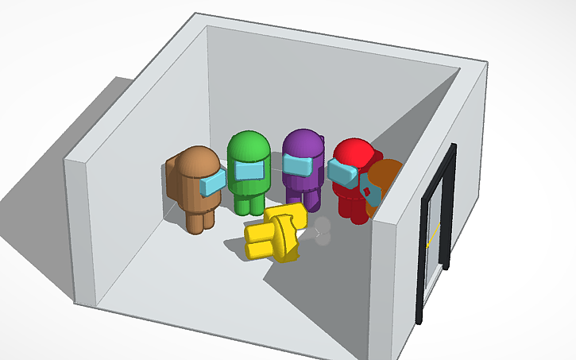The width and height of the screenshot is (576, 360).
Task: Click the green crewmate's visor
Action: (250, 171)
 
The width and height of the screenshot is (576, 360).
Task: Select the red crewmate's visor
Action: (342, 170)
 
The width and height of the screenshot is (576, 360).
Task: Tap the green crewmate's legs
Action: (249, 203)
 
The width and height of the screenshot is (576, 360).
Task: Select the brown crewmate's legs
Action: (200, 220)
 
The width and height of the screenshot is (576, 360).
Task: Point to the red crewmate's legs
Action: (350, 207)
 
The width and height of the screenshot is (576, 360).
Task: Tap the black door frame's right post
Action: (450, 207)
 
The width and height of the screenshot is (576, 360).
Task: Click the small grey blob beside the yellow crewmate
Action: (323, 232)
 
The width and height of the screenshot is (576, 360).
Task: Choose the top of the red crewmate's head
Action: (354, 147)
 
